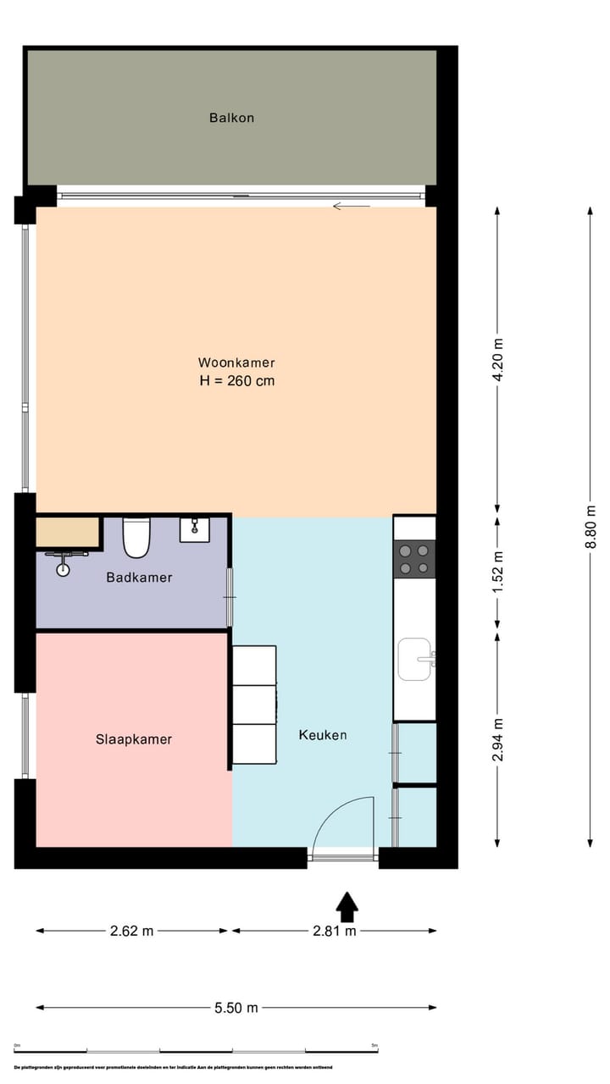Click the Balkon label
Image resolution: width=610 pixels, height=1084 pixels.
231,118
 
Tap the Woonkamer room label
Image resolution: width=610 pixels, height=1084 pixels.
236,362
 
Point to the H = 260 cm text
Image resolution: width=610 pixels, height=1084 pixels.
236,381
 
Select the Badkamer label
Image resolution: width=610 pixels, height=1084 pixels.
139,578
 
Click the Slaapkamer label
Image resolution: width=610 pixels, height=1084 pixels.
133,739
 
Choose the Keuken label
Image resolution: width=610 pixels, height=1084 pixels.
323,735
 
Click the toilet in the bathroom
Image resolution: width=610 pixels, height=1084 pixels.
136,538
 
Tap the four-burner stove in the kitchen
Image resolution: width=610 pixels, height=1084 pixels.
414,559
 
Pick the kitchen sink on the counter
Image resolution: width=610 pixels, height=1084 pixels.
415,659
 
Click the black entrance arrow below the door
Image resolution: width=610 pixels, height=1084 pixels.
347,906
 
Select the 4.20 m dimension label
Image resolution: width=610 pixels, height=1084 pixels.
498,361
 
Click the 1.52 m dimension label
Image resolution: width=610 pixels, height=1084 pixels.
498,572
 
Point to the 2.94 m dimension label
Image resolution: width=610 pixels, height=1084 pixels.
498,739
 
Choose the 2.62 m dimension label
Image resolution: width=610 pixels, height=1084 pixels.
132,931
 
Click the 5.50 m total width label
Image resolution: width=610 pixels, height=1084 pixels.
236,1008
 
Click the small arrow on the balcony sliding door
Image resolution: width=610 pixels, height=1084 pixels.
352,206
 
